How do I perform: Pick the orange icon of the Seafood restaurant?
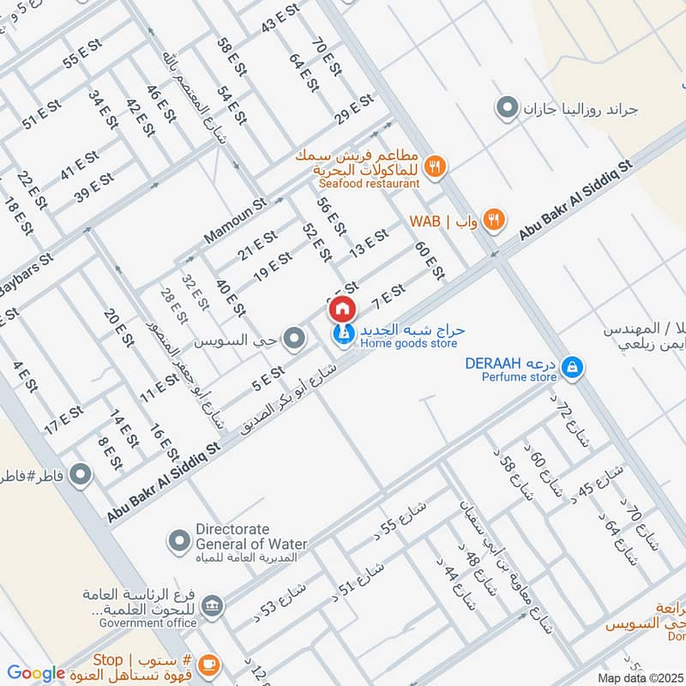pos(436,166)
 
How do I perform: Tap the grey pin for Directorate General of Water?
pos(179,541)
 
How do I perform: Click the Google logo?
pos(36,674)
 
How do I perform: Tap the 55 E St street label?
pos(82,55)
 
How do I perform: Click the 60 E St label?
pos(430,261)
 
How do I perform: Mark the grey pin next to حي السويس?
pos(295,340)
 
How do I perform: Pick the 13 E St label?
pos(370,244)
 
